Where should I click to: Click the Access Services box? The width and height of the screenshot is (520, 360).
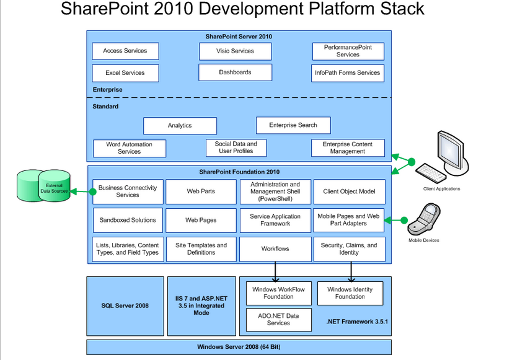[125, 51]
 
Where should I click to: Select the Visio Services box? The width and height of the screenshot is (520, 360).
[235, 51]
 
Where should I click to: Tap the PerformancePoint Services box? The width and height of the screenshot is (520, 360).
[348, 51]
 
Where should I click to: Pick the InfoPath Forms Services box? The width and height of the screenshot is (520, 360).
[347, 72]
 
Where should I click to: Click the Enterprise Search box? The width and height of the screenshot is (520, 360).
[293, 125]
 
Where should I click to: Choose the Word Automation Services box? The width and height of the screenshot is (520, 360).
[130, 148]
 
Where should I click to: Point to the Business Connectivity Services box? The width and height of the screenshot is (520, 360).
[128, 191]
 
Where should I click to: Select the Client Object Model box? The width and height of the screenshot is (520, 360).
[349, 191]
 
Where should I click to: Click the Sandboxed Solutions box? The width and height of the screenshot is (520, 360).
[128, 220]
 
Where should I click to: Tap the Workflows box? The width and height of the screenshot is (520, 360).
[275, 248]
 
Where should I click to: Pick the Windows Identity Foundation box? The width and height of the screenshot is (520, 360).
[350, 292]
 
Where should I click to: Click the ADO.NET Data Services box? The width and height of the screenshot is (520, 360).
[278, 319]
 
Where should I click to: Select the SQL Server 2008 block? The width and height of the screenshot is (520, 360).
[125, 305]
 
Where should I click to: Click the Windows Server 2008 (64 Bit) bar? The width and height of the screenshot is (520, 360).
[239, 346]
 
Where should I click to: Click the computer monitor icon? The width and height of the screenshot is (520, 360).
[453, 148]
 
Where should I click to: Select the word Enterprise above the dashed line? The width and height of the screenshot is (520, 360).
[108, 90]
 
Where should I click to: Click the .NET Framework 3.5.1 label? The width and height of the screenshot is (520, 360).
[356, 323]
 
